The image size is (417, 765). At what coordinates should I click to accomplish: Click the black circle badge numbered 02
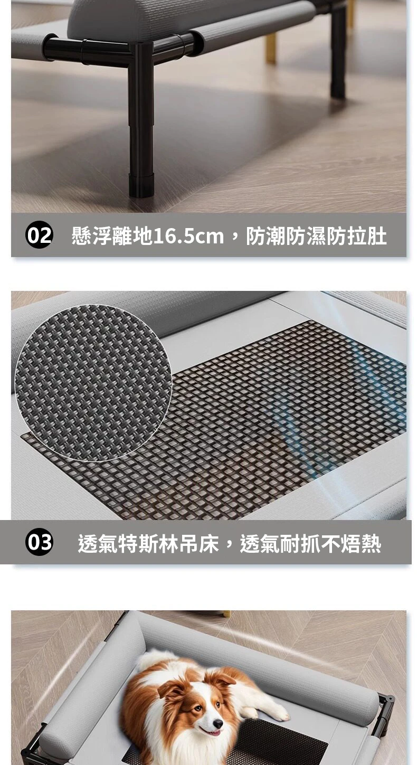point(39,235)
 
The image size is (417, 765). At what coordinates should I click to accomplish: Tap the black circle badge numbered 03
point(39,542)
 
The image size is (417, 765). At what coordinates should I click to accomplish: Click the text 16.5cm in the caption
point(188,235)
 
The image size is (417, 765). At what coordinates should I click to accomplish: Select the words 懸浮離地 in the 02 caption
point(112,235)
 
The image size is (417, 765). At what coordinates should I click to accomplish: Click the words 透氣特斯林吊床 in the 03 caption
point(148,543)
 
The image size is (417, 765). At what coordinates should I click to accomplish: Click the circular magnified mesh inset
point(93,383)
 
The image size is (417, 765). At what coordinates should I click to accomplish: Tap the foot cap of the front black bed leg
point(141,186)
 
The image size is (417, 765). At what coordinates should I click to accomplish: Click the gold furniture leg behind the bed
point(270,49)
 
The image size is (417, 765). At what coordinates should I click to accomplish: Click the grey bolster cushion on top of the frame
point(177,17)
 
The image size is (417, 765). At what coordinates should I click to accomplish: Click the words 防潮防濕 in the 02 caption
point(286,235)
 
